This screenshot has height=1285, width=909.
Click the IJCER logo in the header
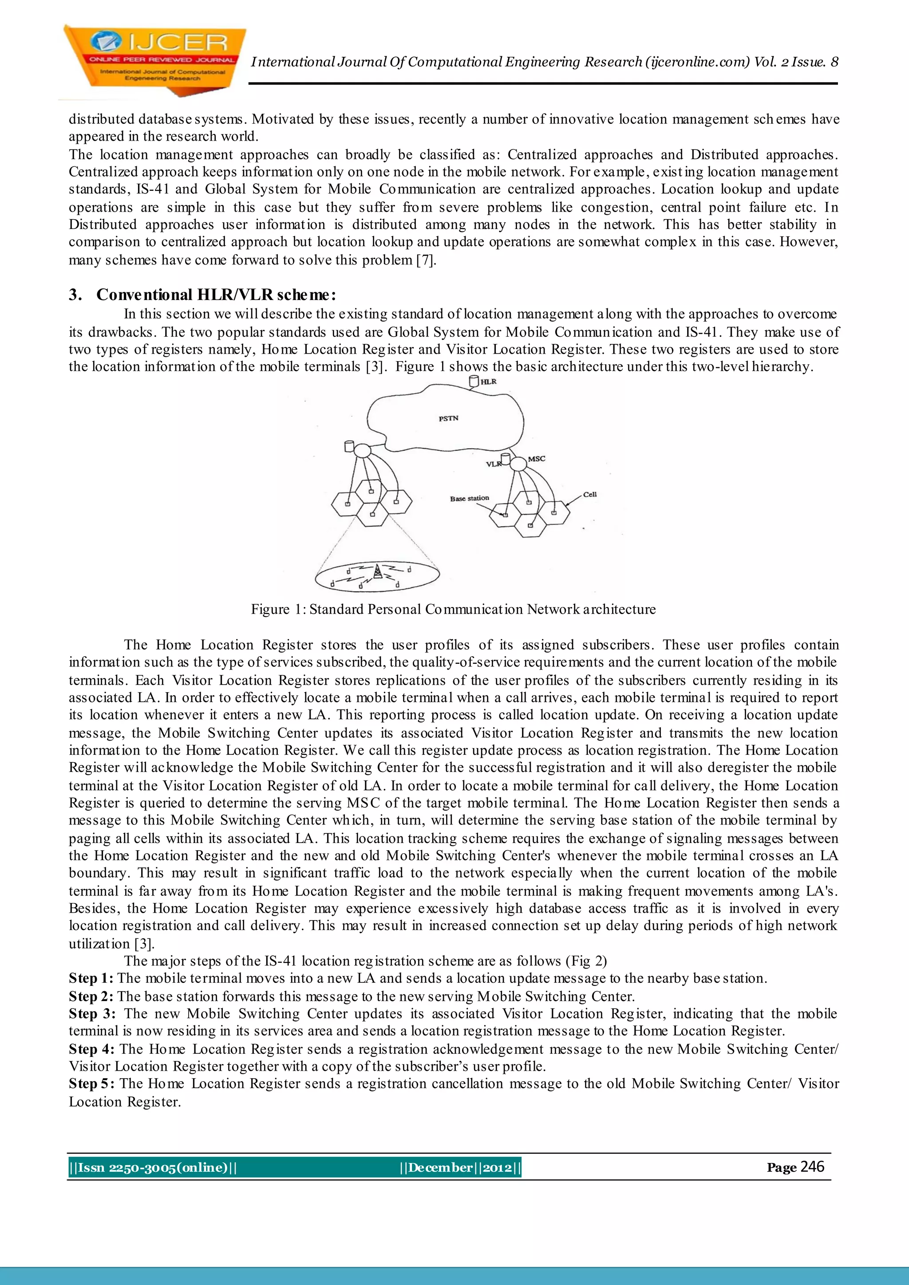click(154, 59)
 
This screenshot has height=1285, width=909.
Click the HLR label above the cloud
click(488, 382)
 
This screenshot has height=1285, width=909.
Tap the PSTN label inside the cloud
click(448, 418)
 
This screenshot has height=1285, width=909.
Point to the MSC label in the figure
click(536, 458)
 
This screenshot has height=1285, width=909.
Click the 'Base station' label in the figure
click(469, 498)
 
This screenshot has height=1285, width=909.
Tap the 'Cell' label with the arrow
click(590, 494)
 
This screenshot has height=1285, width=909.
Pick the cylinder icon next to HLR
click(474, 382)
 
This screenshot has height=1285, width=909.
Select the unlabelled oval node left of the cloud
click(362, 449)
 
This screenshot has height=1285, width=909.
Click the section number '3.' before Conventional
click(75, 295)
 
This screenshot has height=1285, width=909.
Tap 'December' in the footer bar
click(440, 1167)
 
